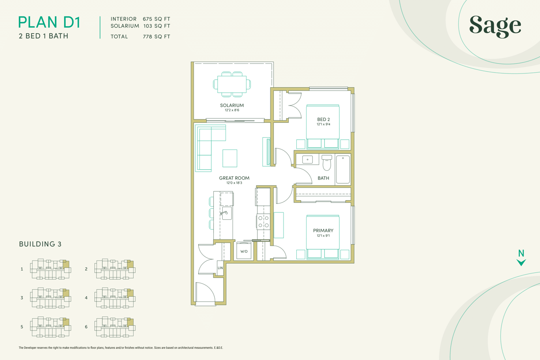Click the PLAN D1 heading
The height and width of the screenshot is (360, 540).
49,22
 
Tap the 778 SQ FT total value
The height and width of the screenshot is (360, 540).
157,37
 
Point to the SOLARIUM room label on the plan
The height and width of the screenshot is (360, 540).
232,105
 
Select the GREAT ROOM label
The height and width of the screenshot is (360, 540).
234,178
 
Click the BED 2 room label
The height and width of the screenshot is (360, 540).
323,120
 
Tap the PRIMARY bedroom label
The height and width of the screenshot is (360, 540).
323,231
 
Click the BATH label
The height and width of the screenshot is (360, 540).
323,178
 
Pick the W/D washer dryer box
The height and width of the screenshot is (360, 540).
244,251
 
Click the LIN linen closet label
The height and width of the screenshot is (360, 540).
220,268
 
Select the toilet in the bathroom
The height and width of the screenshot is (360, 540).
326,163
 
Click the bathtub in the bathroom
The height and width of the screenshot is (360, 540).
343,170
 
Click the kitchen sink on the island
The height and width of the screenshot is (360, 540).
226,213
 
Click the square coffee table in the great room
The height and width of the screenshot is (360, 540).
230,158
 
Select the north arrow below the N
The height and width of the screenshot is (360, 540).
521,262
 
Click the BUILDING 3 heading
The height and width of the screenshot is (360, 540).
40,244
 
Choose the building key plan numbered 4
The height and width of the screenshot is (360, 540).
115,298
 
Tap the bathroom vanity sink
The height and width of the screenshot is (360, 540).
307,159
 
